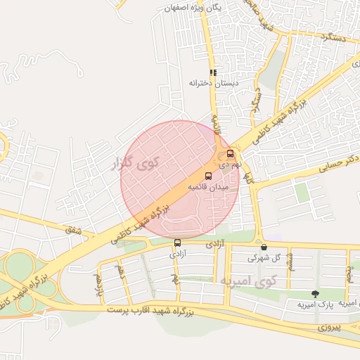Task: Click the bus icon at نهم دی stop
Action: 231,153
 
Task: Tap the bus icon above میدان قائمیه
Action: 208,176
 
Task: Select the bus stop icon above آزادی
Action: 176,243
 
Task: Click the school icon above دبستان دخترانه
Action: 213,72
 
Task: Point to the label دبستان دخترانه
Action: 214,83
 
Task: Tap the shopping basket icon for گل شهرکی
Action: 264,247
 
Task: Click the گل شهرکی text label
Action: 263,258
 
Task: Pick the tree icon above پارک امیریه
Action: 314,293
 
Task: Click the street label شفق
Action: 72,230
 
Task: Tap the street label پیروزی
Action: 328,328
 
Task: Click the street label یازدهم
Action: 99,283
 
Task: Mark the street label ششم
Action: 290,266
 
